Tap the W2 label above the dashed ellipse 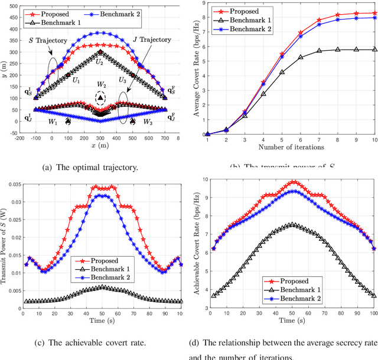tap(102, 84)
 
